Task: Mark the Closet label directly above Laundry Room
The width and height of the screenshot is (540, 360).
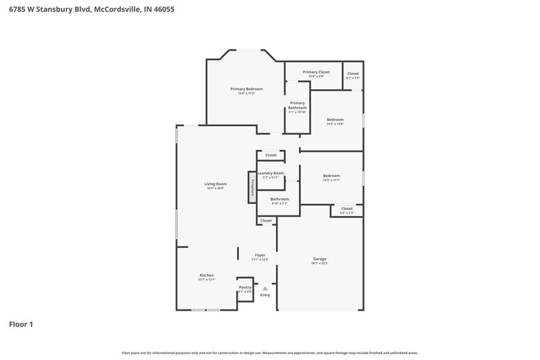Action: [x=271, y=155]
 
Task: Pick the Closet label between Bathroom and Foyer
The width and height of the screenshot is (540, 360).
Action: [x=266, y=220]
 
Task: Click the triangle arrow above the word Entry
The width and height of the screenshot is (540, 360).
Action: [x=265, y=288]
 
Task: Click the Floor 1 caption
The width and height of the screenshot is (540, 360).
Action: [x=21, y=324]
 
